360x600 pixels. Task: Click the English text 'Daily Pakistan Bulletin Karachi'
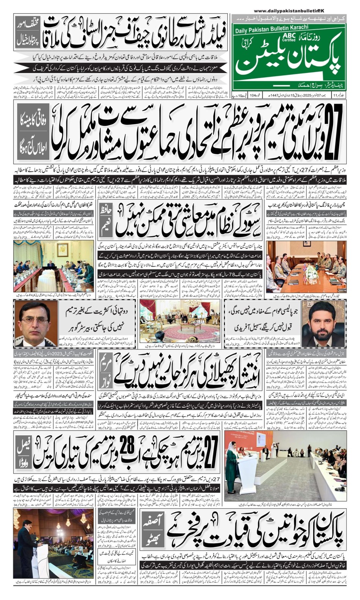pos(271,27)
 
